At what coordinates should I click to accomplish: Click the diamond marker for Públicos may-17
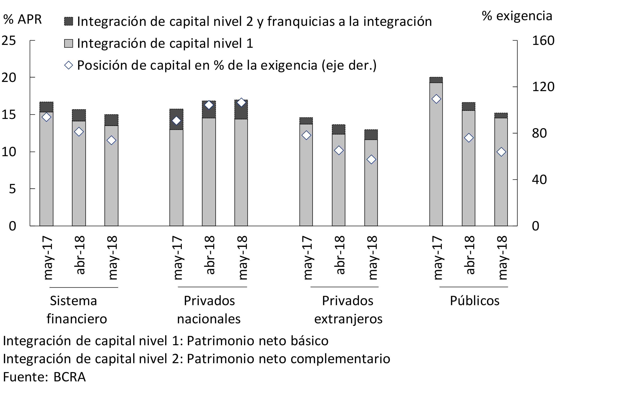click(436, 99)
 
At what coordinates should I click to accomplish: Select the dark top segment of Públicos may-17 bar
click(436, 80)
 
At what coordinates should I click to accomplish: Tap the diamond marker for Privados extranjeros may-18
click(371, 159)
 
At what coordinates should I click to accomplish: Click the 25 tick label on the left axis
click(9, 41)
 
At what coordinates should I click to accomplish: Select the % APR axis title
click(22, 19)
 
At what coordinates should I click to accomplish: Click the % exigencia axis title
click(517, 16)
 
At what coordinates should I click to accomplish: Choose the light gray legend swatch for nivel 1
click(69, 43)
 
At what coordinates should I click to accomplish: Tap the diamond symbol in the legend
click(69, 65)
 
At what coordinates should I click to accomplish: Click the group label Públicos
click(474, 301)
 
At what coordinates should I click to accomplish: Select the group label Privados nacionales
click(209, 310)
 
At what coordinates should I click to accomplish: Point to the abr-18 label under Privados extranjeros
click(339, 255)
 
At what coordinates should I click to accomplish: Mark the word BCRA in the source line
click(69, 377)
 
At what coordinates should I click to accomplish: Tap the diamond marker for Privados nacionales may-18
click(241, 103)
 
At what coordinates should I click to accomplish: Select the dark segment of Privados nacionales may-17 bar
click(176, 119)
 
